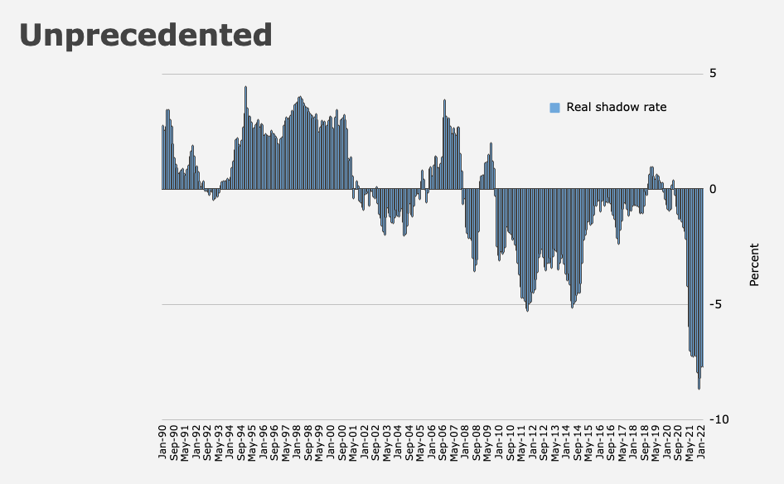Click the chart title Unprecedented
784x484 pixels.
146,35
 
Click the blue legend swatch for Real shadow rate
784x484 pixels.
554,108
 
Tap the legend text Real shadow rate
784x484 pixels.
616,107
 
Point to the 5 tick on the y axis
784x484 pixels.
713,74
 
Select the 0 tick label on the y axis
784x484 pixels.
713,189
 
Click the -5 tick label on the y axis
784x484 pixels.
715,304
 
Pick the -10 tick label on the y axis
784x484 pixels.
719,420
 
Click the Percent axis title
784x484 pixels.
754,264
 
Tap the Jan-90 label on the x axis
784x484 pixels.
162,442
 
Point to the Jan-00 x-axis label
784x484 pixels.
331,442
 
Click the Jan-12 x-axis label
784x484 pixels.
533,442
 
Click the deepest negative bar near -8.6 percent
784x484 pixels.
699,289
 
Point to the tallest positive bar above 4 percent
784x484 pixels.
245,138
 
